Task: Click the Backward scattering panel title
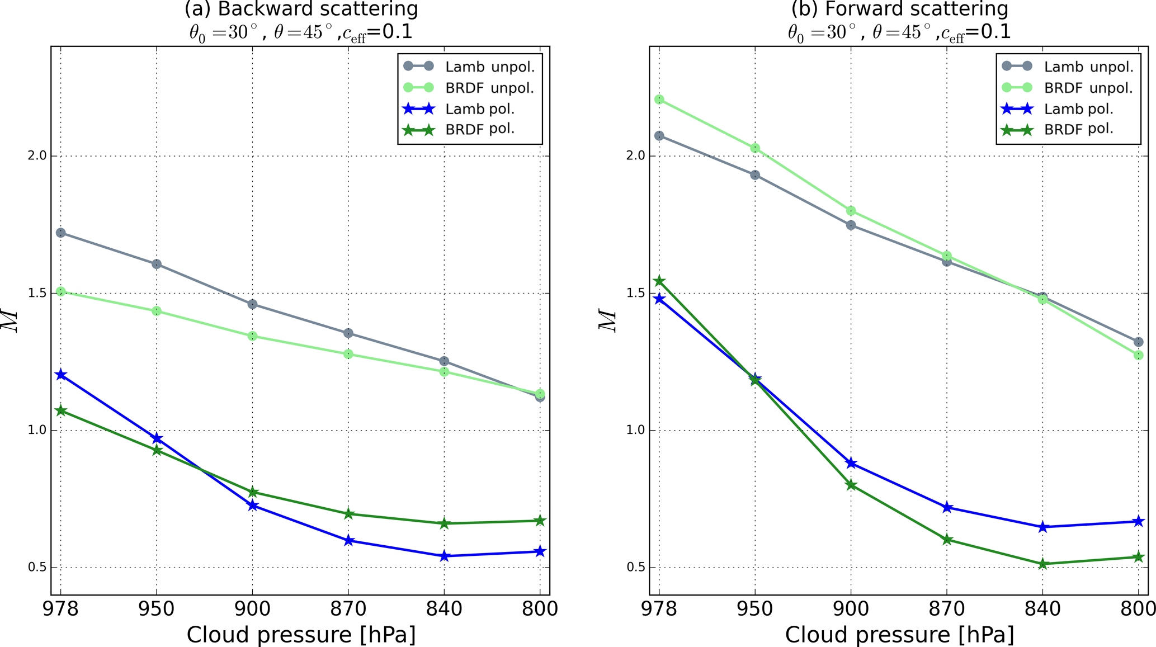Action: [x=301, y=10]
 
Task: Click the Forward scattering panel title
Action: [x=899, y=10]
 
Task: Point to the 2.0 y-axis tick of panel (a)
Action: [x=37, y=156]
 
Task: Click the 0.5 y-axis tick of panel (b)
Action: [x=635, y=568]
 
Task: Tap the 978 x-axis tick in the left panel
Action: [x=60, y=608]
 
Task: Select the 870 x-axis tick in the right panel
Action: [x=947, y=608]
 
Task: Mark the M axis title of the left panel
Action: [x=11, y=321]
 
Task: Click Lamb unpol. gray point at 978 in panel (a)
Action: [x=60, y=233]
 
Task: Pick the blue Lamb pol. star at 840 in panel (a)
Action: [x=445, y=556]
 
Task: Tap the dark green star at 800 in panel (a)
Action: [x=540, y=521]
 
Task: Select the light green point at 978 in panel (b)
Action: [x=659, y=100]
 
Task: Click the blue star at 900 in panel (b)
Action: [x=851, y=463]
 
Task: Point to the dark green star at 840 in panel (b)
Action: [x=1043, y=564]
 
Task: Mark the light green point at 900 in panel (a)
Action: [x=252, y=336]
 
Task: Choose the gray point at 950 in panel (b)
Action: [x=755, y=175]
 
